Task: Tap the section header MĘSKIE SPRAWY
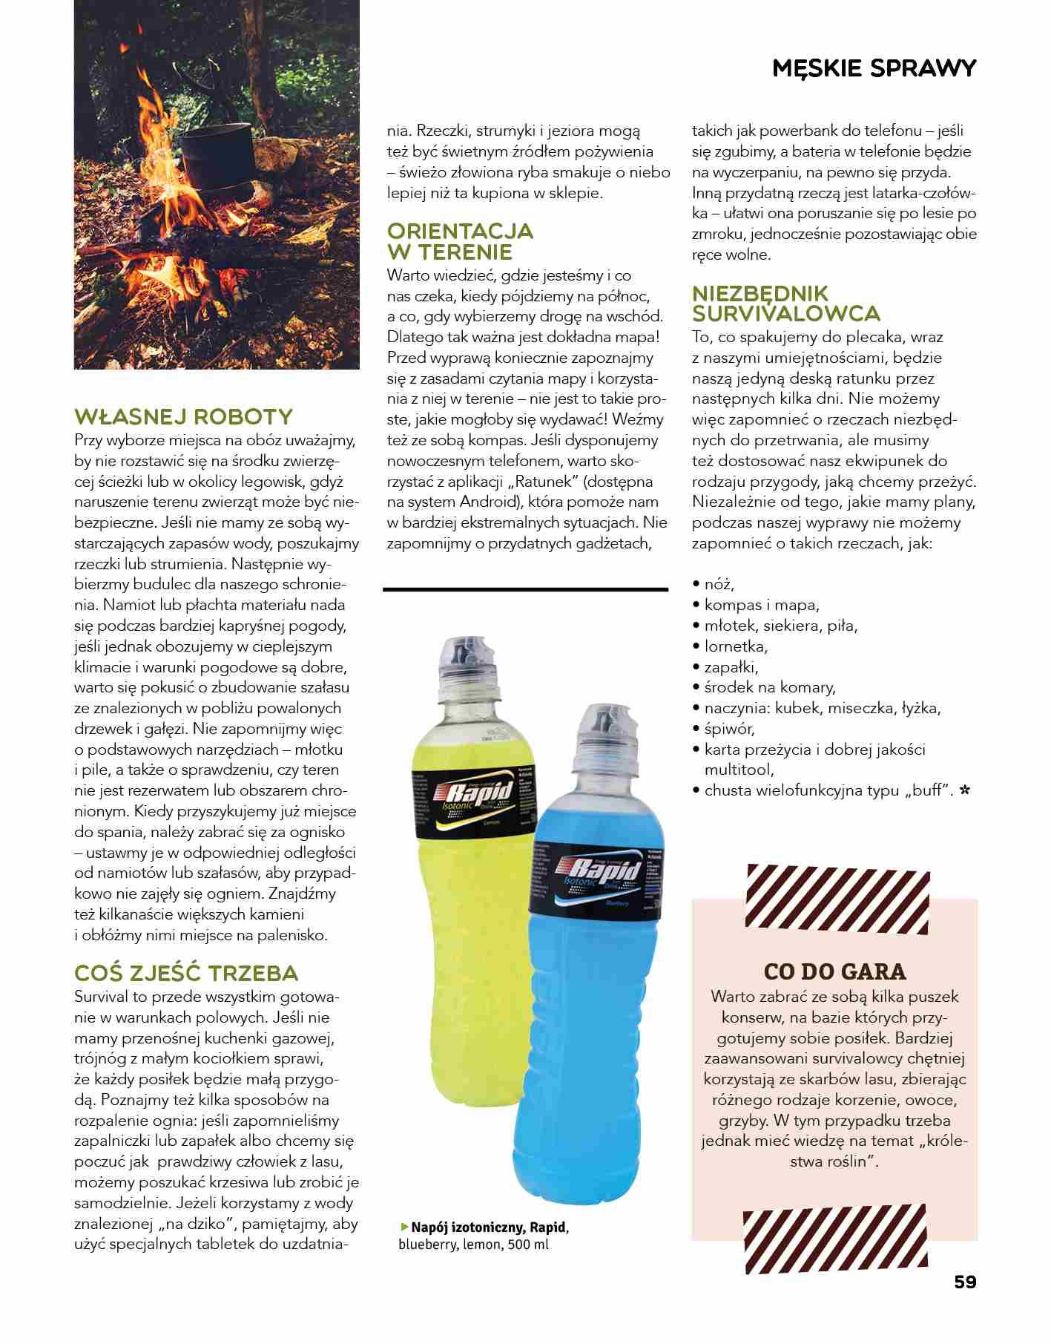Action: tap(874, 68)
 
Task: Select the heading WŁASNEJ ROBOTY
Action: tap(183, 416)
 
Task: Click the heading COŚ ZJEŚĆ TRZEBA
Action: tap(186, 973)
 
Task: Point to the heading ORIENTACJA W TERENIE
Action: tap(460, 241)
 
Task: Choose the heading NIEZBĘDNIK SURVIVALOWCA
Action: tap(785, 303)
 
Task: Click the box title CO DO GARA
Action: tap(834, 971)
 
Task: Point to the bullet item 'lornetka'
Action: tap(735, 646)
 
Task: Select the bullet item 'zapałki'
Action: tap(731, 666)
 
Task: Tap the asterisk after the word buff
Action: tap(964, 790)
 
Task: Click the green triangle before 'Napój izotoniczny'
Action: tap(404, 1227)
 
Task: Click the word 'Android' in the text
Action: tap(481, 502)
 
